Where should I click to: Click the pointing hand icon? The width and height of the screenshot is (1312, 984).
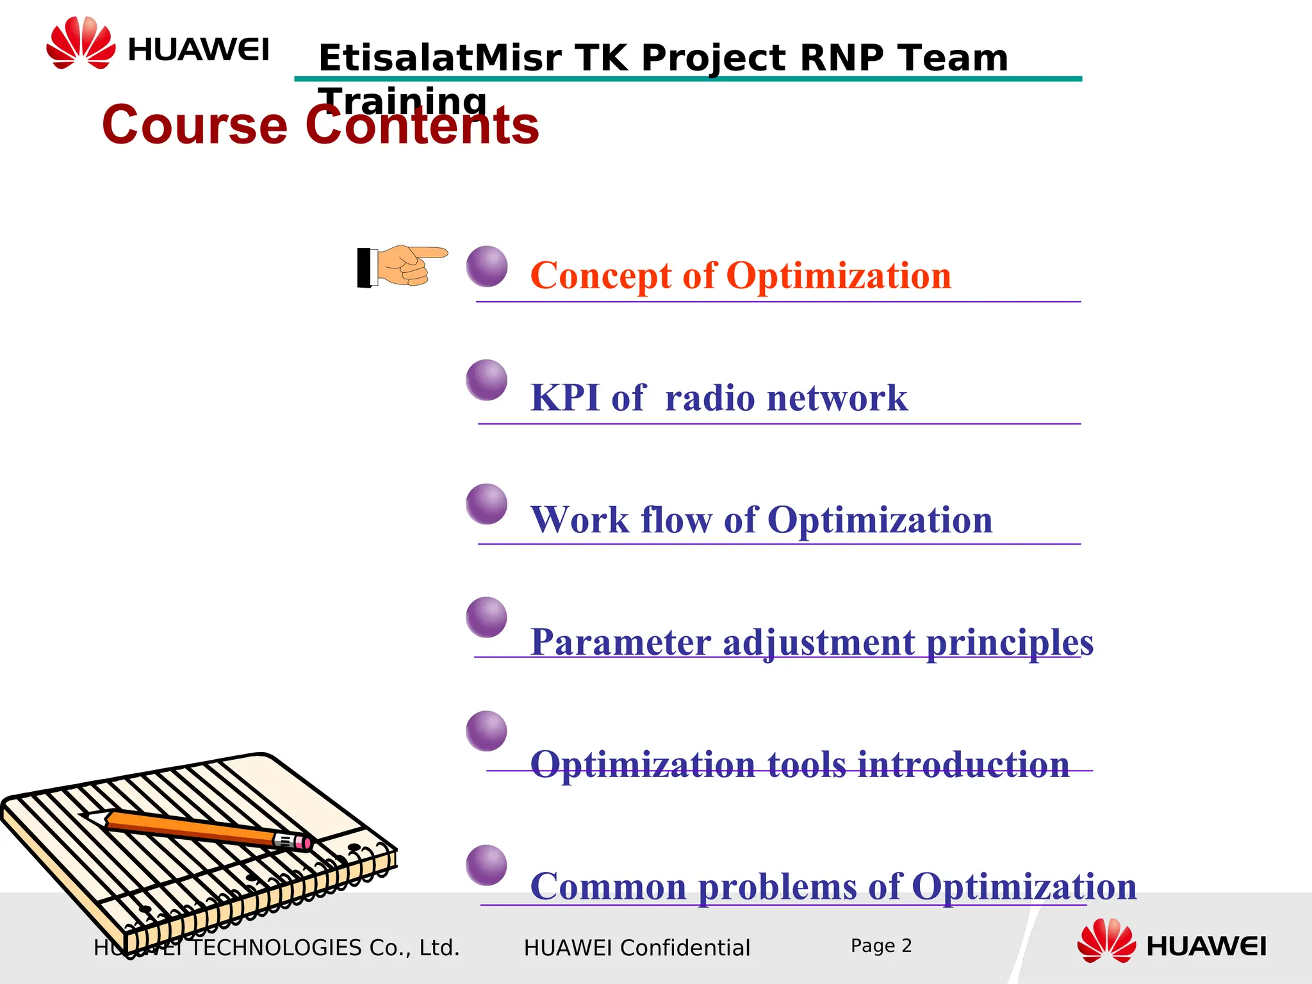[402, 265]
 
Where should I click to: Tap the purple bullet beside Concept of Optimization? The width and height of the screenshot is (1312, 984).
[487, 266]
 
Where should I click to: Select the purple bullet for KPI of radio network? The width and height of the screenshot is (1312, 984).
[487, 380]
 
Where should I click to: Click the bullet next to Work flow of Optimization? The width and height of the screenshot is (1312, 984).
[487, 504]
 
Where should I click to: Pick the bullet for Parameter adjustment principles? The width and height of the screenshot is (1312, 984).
[487, 617]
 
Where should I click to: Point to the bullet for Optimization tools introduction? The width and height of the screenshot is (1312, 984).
[487, 731]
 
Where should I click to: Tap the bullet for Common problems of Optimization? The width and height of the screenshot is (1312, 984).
[487, 865]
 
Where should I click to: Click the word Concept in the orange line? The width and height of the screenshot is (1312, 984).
[600, 275]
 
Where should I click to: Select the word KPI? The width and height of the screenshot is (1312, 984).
[565, 397]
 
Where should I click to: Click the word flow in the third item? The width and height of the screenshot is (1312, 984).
[676, 520]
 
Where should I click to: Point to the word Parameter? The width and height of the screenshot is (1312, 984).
[621, 642]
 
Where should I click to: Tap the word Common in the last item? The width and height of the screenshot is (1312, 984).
[608, 887]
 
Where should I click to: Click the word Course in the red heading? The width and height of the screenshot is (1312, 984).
[195, 124]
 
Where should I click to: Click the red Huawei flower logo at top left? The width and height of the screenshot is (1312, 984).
[81, 43]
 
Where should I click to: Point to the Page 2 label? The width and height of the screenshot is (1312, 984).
[881, 946]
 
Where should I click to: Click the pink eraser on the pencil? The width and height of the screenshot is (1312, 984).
[306, 842]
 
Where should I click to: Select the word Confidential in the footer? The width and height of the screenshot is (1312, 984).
[685, 947]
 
